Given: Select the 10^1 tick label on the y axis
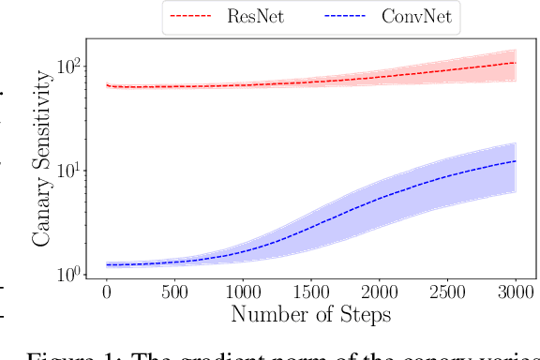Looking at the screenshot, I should point(72,171).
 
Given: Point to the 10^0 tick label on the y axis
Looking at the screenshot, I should point(72,274).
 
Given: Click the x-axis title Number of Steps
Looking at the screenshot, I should point(310,315).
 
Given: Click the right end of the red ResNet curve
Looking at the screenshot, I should point(516,63).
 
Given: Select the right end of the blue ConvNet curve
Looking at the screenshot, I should point(516,161).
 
